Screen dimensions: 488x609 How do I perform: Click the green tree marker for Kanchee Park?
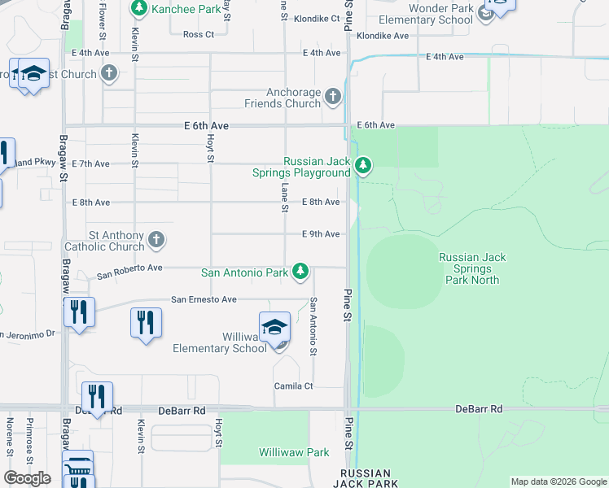[139, 8]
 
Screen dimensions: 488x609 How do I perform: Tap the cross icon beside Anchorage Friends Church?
[332, 98]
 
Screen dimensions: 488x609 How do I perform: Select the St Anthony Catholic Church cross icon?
[156, 240]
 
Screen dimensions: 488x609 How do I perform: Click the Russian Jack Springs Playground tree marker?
[362, 167]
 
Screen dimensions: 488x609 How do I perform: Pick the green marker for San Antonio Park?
[300, 271]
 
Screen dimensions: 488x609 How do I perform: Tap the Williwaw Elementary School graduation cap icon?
[275, 327]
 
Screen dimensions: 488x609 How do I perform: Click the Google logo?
[28, 478]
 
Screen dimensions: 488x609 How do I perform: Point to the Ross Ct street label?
[199, 35]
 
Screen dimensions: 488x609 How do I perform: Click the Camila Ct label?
[293, 386]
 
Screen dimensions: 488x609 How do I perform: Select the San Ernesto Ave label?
[204, 300]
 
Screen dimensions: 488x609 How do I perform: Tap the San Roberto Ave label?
[130, 270]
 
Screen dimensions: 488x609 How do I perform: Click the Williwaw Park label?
[294, 452]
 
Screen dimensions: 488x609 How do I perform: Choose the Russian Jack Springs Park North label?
[472, 268]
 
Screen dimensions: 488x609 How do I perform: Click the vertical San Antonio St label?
[313, 325]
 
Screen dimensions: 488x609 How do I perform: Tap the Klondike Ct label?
[317, 17]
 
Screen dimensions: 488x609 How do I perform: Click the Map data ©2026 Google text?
[558, 481]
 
